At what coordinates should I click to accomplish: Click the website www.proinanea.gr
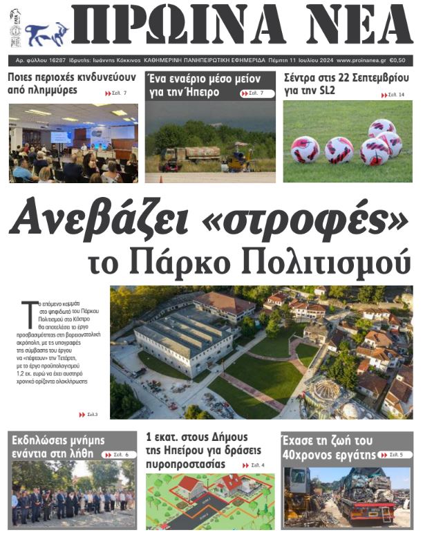[361, 60]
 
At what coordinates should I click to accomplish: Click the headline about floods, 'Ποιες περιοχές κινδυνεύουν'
[71, 83]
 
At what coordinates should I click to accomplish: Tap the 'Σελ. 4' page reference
[257, 465]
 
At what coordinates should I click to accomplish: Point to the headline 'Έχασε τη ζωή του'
[328, 440]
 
